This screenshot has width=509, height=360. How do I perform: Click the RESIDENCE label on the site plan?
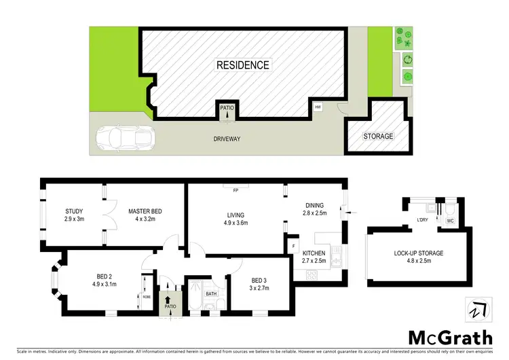pyautogui.click(x=243, y=65)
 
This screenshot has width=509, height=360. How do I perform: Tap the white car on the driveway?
pyautogui.click(x=125, y=139)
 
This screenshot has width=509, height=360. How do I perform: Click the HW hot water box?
pyautogui.click(x=317, y=107)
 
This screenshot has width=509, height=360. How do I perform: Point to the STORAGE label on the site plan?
pyautogui.click(x=378, y=137)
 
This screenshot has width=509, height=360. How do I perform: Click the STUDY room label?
pyautogui.click(x=74, y=211)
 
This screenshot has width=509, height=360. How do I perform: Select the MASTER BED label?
pyautogui.click(x=145, y=211)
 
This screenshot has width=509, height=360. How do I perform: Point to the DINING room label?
pyautogui.click(x=314, y=205)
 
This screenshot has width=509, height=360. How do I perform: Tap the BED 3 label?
pyautogui.click(x=259, y=280)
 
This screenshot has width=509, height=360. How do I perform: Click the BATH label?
pyautogui.click(x=211, y=293)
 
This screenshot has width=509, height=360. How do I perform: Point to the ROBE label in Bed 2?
pyautogui.click(x=146, y=297)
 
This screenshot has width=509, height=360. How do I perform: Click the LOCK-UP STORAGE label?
pyautogui.click(x=418, y=253)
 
